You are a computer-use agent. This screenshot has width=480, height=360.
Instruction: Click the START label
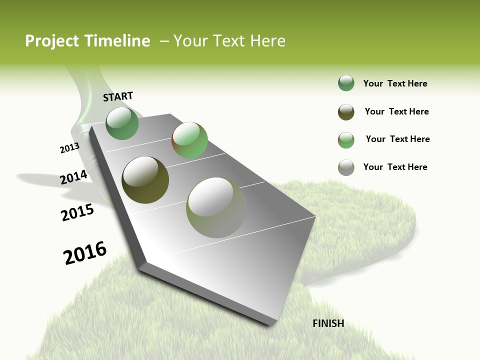click(118, 96)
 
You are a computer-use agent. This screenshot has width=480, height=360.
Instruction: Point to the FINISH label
click(328, 323)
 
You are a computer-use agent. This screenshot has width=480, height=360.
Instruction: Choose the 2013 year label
click(69, 147)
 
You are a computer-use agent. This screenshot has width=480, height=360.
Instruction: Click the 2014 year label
click(74, 177)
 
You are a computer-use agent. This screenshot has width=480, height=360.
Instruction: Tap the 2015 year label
click(77, 212)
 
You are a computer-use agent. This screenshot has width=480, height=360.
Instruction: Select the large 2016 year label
click(85, 253)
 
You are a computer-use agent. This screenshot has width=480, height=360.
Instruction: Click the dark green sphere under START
click(122, 123)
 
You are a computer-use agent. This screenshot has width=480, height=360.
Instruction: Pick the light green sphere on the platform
click(189, 140)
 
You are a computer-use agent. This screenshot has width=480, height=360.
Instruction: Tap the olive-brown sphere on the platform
click(145, 180)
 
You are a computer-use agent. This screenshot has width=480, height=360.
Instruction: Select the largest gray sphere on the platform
click(216, 207)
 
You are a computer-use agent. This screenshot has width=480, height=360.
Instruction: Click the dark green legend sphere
click(346, 83)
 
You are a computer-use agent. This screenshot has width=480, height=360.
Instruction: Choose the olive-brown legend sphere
click(346, 112)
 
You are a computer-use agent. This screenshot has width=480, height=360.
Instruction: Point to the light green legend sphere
click(346, 140)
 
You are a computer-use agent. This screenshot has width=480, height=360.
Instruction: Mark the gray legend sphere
click(346, 167)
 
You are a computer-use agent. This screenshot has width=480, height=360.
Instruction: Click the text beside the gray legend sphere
click(395, 167)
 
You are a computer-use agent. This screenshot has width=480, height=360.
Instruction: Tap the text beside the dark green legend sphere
click(395, 83)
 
